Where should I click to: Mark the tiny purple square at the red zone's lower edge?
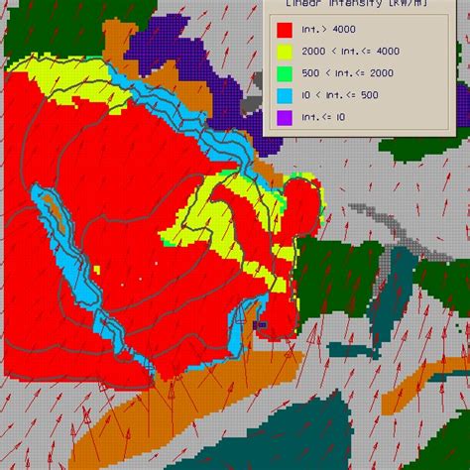262,324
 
